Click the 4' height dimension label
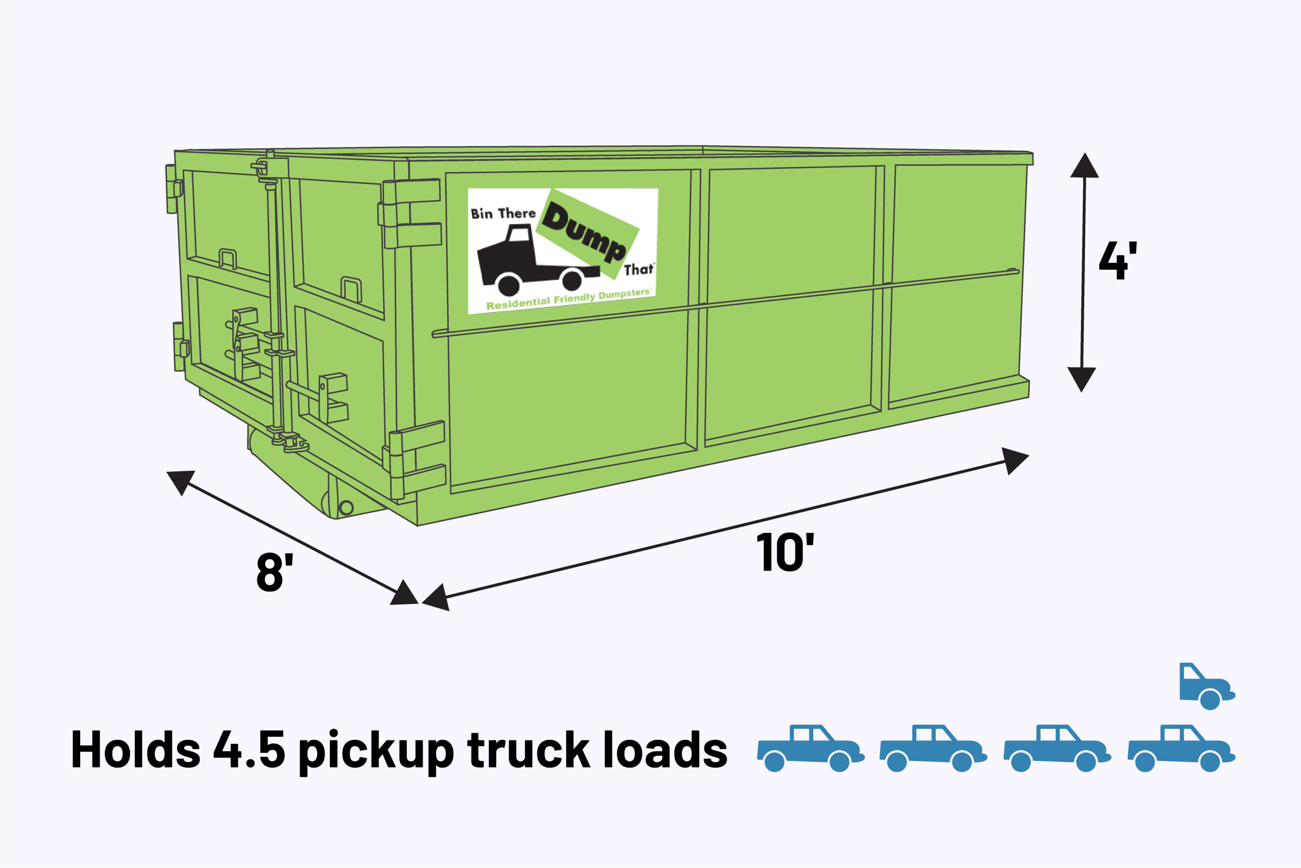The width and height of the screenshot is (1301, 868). tap(1117, 260)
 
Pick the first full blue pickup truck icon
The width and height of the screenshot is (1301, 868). tap(809, 748)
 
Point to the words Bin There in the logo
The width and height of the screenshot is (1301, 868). tap(503, 214)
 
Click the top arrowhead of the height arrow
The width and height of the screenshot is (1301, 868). tap(1084, 166)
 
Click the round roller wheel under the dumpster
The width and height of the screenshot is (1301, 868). tap(346, 507)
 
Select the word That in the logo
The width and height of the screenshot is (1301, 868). tap(638, 270)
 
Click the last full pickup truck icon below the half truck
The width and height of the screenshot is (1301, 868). tap(1181, 748)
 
